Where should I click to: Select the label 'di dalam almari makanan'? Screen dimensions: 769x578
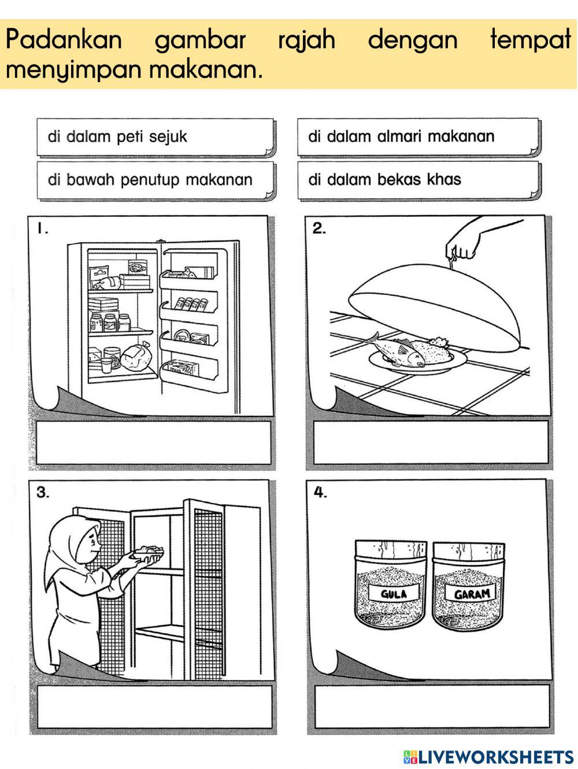tap(401, 136)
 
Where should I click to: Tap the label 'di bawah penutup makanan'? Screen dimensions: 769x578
tap(150, 180)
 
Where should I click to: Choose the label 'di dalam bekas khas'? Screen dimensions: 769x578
tap(384, 179)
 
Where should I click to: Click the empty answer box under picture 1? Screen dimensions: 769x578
tap(153, 443)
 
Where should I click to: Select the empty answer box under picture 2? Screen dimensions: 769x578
tap(431, 443)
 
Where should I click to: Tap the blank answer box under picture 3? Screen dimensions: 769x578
tap(153, 707)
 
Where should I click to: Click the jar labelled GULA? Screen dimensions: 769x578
tap(391, 585)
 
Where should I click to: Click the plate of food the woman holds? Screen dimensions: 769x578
tap(148, 553)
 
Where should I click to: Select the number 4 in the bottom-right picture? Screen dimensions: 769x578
tap(320, 493)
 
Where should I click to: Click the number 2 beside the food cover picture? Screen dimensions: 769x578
tap(319, 228)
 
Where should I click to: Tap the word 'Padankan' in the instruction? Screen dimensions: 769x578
tap(64, 40)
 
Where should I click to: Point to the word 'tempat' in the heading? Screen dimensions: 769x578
tap(530, 40)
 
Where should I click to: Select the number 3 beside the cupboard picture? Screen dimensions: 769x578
tap(43, 493)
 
